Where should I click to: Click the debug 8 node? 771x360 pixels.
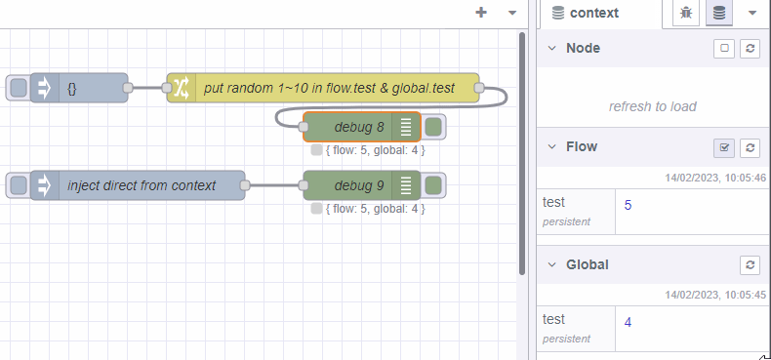click(359, 127)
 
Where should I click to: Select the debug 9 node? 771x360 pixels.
click(359, 185)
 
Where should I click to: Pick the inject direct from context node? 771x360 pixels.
click(142, 185)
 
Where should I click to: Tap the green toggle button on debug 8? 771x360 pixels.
click(434, 127)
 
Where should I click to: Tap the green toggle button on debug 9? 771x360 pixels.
click(434, 185)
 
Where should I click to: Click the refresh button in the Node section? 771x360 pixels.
click(750, 48)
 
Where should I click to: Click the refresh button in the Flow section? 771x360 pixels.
click(750, 147)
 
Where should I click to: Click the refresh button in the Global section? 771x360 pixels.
click(750, 264)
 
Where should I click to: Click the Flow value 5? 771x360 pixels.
click(629, 206)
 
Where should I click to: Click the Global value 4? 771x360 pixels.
click(629, 322)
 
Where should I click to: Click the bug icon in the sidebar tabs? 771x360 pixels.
click(687, 13)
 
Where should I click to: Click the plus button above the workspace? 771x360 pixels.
click(481, 13)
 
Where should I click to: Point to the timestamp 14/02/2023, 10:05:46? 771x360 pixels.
click(716, 178)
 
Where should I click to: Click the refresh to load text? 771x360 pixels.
click(652, 106)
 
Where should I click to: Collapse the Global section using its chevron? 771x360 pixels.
click(553, 264)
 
